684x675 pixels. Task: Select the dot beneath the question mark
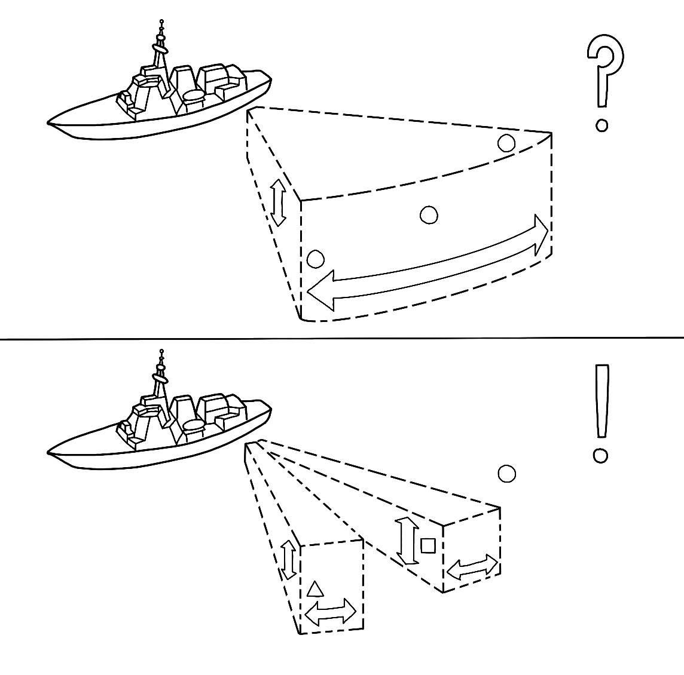[602, 125]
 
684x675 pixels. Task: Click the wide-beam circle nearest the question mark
[506, 143]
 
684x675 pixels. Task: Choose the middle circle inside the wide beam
[429, 215]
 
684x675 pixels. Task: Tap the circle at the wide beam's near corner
[315, 259]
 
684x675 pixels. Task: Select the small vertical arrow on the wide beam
[277, 204]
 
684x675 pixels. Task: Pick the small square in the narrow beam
[427, 545]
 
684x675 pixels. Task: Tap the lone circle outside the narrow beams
[506, 474]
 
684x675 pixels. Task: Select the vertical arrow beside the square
[408, 541]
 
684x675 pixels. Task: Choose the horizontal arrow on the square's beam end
[472, 567]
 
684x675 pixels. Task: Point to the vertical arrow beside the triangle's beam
[288, 559]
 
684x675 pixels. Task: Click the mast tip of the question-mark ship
[161, 23]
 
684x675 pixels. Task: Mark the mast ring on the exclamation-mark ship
[160, 378]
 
